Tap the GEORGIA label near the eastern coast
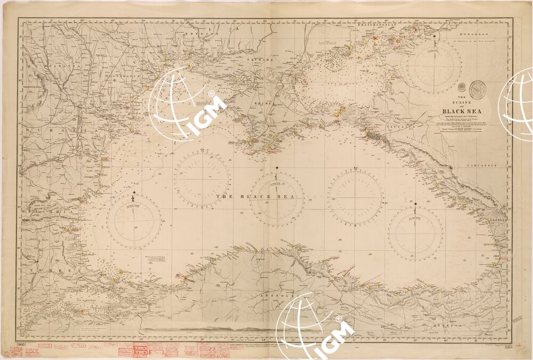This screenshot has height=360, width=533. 499,219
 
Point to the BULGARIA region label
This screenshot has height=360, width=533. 43,212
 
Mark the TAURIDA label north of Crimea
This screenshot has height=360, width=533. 263,60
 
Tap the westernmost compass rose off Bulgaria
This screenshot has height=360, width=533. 134,220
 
